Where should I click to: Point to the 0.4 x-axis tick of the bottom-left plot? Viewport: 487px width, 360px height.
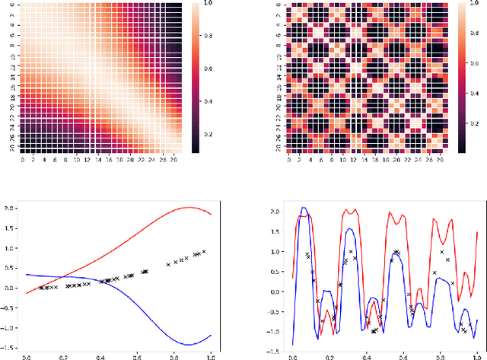(x=101, y=355)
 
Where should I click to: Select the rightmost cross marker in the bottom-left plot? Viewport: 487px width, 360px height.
(x=204, y=251)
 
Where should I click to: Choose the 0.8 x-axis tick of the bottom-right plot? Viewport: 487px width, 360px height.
(x=440, y=355)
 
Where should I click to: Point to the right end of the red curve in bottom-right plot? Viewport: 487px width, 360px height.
(x=477, y=233)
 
